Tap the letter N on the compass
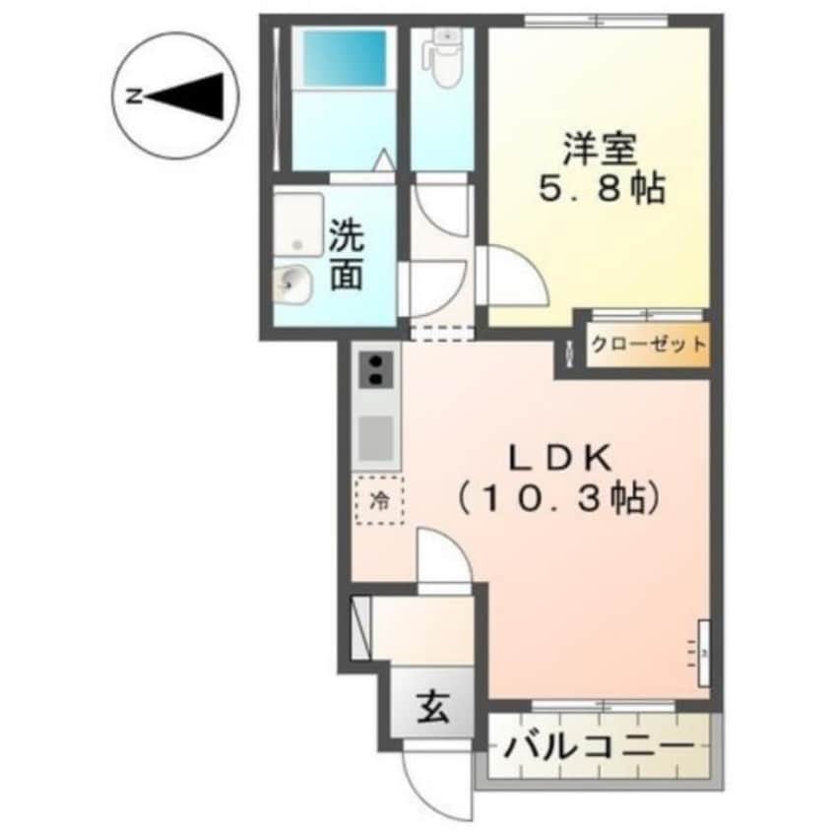click(x=133, y=96)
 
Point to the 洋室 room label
click(x=601, y=149)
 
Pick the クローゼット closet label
click(x=648, y=345)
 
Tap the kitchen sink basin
click(x=377, y=435)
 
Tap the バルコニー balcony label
click(x=599, y=747)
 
